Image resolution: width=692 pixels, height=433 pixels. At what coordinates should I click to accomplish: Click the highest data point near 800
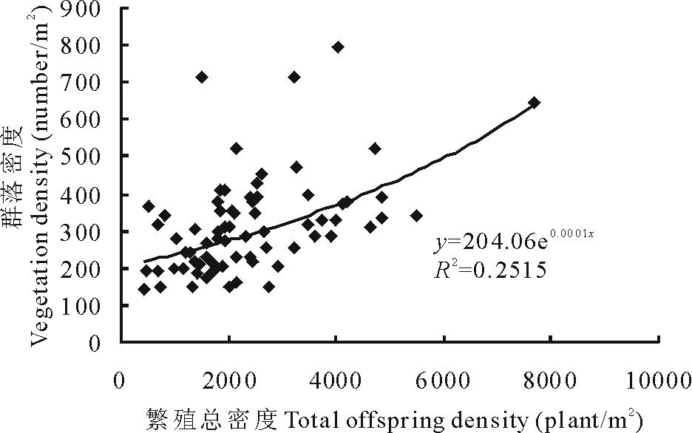(338, 47)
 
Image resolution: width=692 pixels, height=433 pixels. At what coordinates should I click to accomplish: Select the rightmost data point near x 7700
(535, 102)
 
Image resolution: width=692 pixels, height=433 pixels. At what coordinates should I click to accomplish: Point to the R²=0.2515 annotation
(489, 270)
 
